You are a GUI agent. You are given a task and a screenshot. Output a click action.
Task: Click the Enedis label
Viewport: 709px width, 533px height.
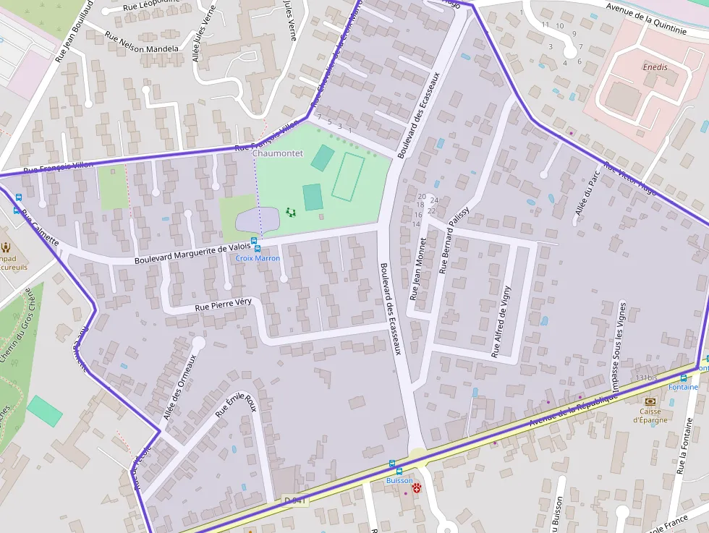(655, 67)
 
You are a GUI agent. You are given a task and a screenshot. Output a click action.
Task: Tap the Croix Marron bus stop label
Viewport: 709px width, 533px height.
(258, 258)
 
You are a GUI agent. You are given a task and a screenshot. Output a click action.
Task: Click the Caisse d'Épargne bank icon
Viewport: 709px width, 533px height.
(650, 401)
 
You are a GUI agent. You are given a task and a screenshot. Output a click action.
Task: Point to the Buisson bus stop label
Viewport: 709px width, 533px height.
(399, 480)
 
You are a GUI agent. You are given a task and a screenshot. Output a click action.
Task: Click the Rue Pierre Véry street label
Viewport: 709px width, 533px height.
(223, 306)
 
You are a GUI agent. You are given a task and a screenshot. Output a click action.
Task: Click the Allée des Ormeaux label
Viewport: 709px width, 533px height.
(180, 388)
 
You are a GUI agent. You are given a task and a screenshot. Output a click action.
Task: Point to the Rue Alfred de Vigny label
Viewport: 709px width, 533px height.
(501, 322)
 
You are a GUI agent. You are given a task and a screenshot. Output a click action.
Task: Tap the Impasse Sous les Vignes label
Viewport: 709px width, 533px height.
(619, 336)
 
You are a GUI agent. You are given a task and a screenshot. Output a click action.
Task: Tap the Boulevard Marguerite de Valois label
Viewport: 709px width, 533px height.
(192, 254)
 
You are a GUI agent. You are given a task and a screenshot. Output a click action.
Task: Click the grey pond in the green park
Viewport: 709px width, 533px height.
(257, 219)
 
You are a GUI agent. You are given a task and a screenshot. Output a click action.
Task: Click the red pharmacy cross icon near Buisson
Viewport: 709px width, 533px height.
(417, 489)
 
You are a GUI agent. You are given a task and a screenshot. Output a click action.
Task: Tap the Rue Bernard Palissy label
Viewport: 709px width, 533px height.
(454, 239)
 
